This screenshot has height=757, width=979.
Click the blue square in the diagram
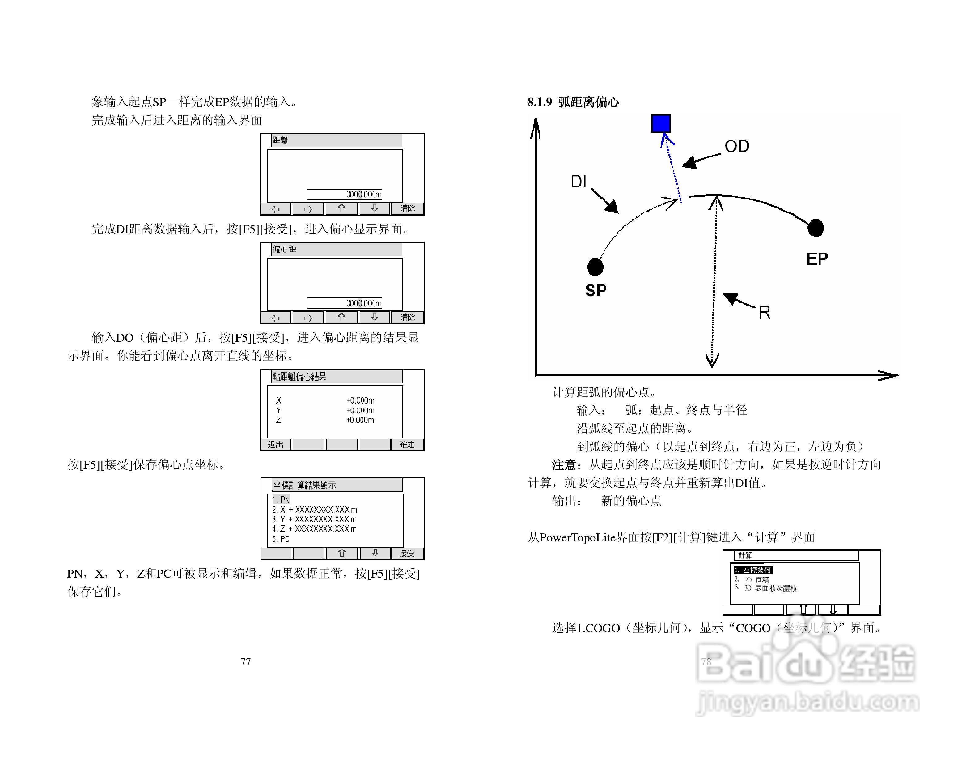pyautogui.click(x=661, y=123)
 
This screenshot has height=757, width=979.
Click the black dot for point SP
pyautogui.click(x=595, y=267)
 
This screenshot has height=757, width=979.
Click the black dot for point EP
pyautogui.click(x=816, y=227)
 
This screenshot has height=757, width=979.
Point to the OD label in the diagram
pyautogui.click(x=736, y=146)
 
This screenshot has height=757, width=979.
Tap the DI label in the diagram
pyautogui.click(x=578, y=182)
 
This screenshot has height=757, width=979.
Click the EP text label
pyautogui.click(x=817, y=259)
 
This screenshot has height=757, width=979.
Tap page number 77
pyautogui.click(x=246, y=661)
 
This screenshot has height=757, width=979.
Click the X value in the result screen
pyautogui.click(x=359, y=400)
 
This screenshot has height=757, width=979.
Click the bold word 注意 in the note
pyautogui.click(x=563, y=464)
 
